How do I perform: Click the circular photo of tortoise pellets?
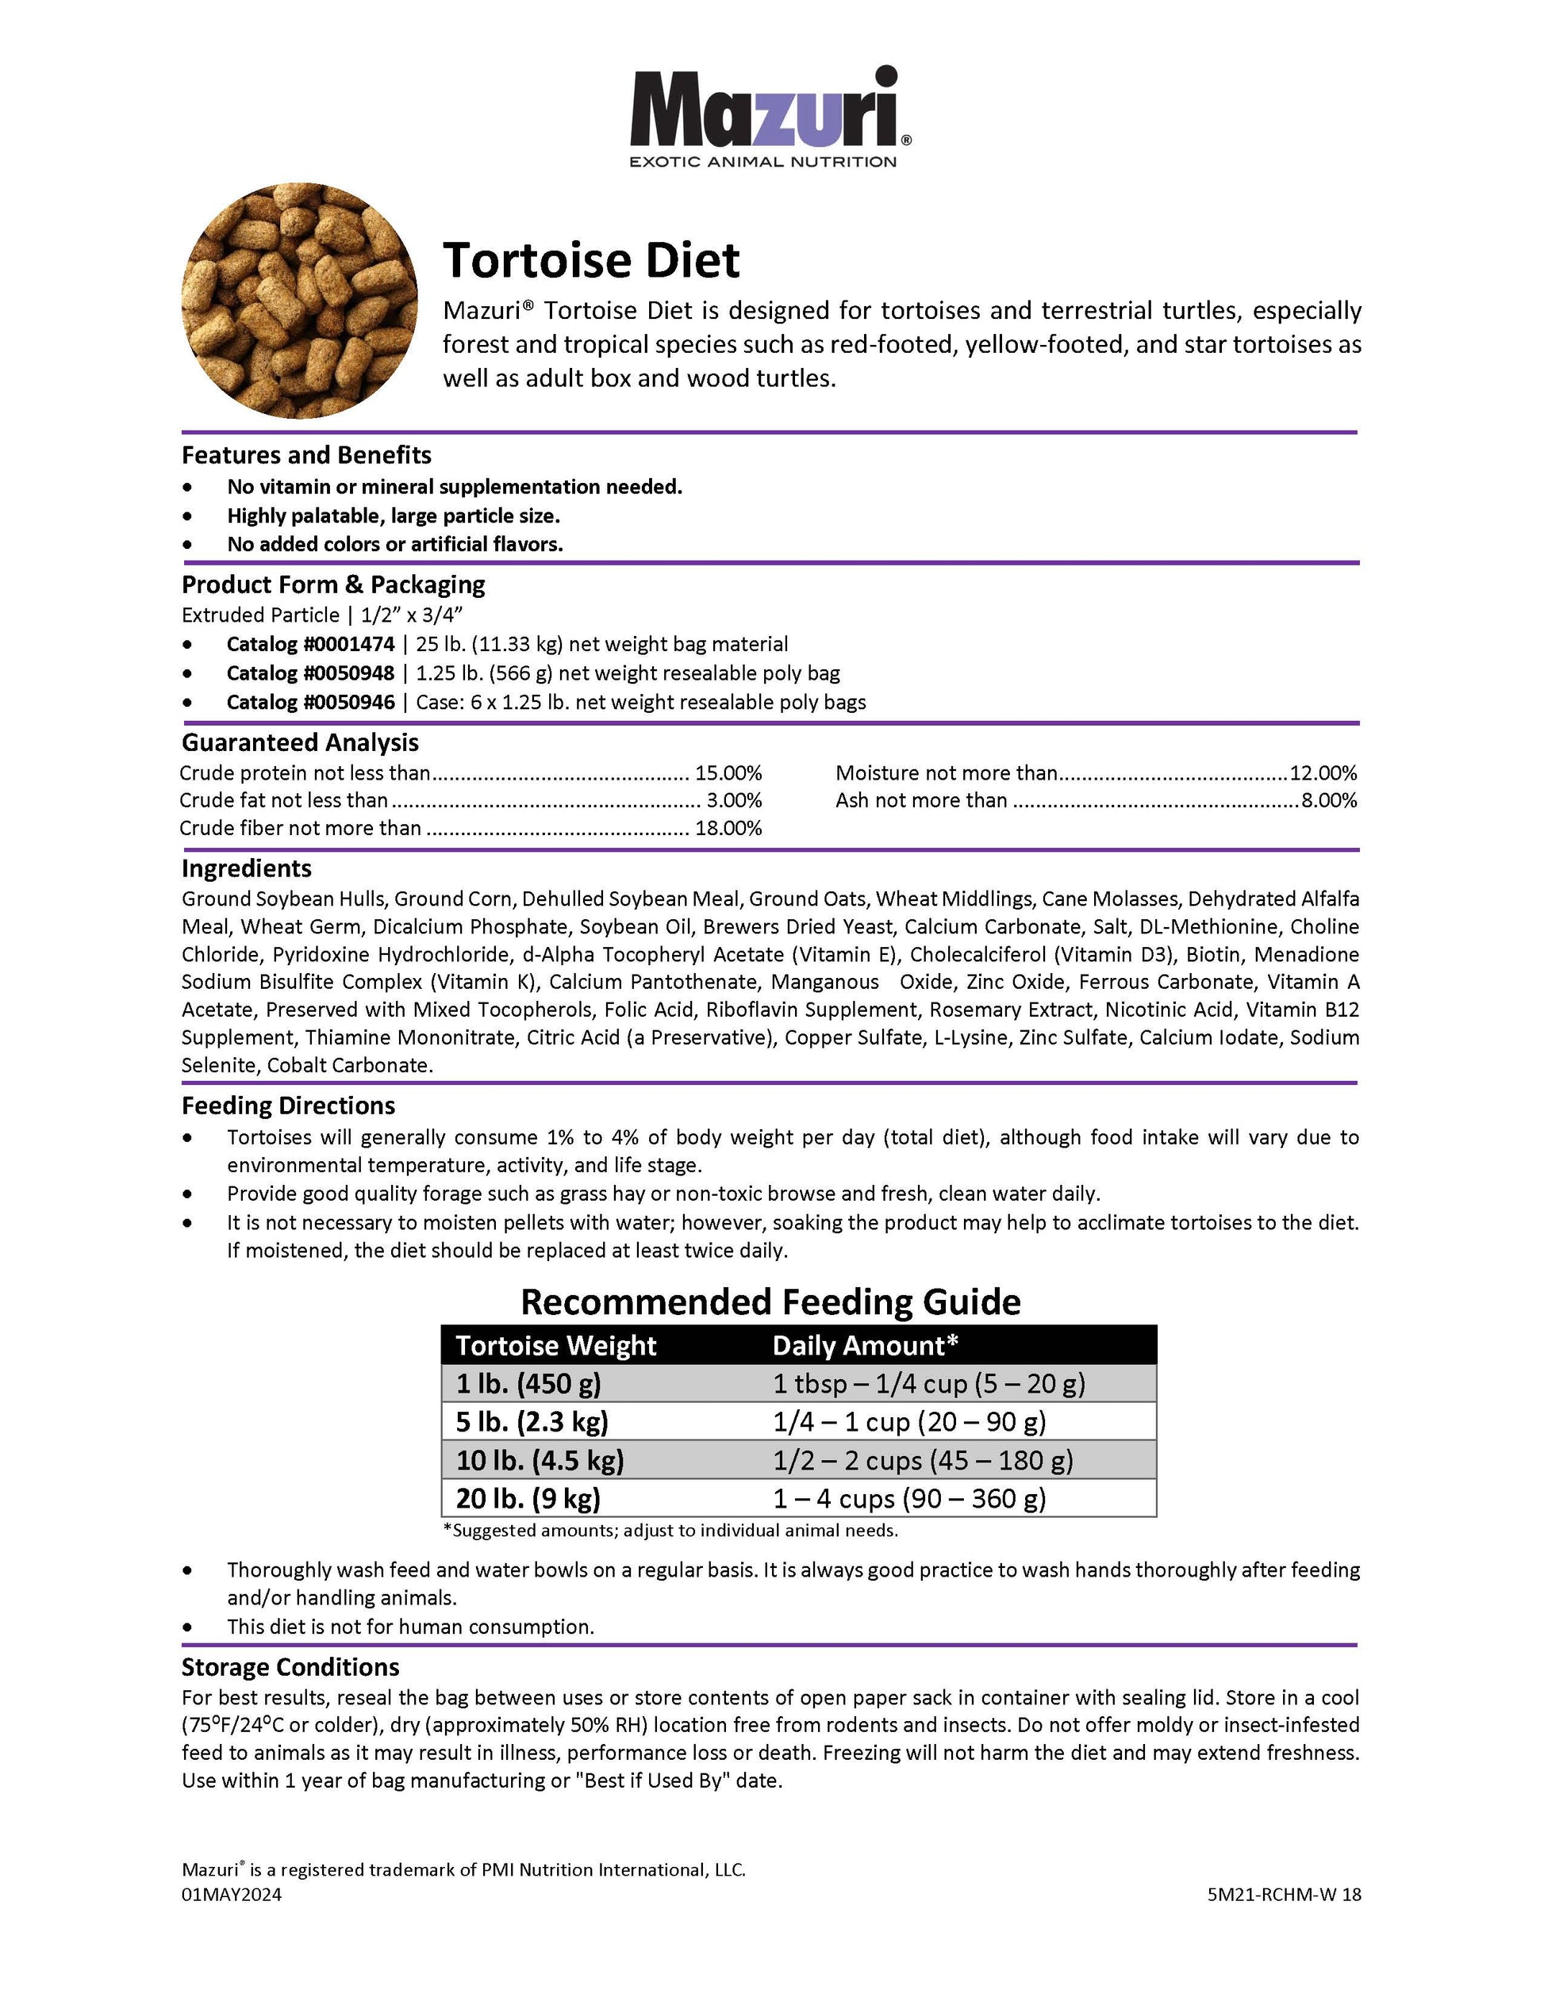299,300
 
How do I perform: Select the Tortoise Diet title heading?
591,261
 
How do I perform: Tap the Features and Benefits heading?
305,455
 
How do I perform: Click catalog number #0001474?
311,644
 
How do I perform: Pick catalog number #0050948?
311,673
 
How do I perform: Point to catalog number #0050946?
311,702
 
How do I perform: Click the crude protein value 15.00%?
728,772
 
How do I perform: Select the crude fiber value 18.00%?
728,829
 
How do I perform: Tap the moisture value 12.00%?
1323,772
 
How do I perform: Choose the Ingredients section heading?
246,868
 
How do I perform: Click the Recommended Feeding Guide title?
770,1301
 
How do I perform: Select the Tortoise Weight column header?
556,1345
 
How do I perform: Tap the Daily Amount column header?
866,1345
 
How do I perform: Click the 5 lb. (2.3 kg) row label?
532,1422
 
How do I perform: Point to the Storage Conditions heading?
290,1667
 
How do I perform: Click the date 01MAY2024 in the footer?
232,1895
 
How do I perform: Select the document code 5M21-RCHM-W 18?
1283,1895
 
